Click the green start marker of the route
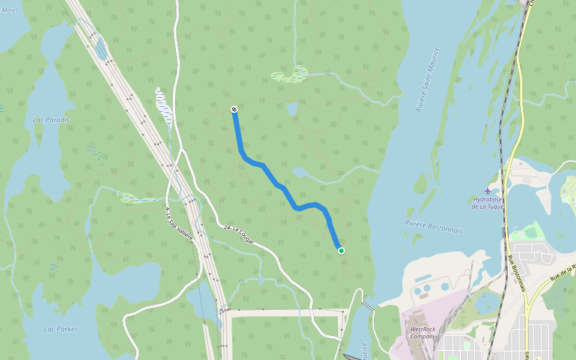pyautogui.click(x=341, y=251)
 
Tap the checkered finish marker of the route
pyautogui.click(x=233, y=109)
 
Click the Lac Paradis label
pyautogui.click(x=51, y=120)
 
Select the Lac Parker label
pyautogui.click(x=61, y=329)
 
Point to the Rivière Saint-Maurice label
pyautogui.click(x=428, y=80)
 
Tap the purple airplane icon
pyautogui.click(x=487, y=191)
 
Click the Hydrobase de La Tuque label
pyautogui.click(x=487, y=203)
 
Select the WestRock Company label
pyautogui.click(x=423, y=332)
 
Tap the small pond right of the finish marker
pyautogui.click(x=292, y=109)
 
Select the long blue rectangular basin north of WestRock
pyautogui.click(x=423, y=279)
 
